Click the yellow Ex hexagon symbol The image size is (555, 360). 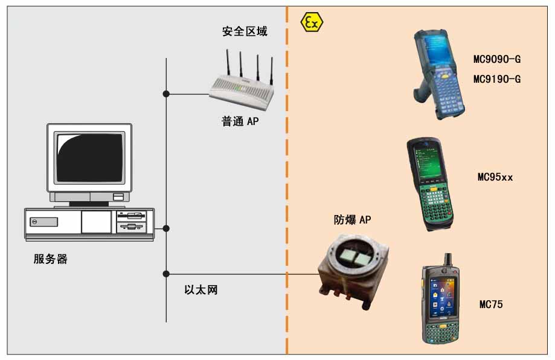[312, 23]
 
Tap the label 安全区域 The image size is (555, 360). [245, 31]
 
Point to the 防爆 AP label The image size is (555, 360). [353, 220]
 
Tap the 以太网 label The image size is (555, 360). [201, 291]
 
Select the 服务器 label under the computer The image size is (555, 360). [51, 260]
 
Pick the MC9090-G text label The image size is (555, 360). [496, 59]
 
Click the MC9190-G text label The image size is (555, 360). [496, 79]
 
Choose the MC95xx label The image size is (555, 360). [495, 178]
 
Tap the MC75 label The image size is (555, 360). [490, 304]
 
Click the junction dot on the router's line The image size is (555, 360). [166, 94]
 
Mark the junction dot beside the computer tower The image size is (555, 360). [166, 228]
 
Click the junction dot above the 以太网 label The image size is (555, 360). [166, 274]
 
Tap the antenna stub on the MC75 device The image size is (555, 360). [448, 261]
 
